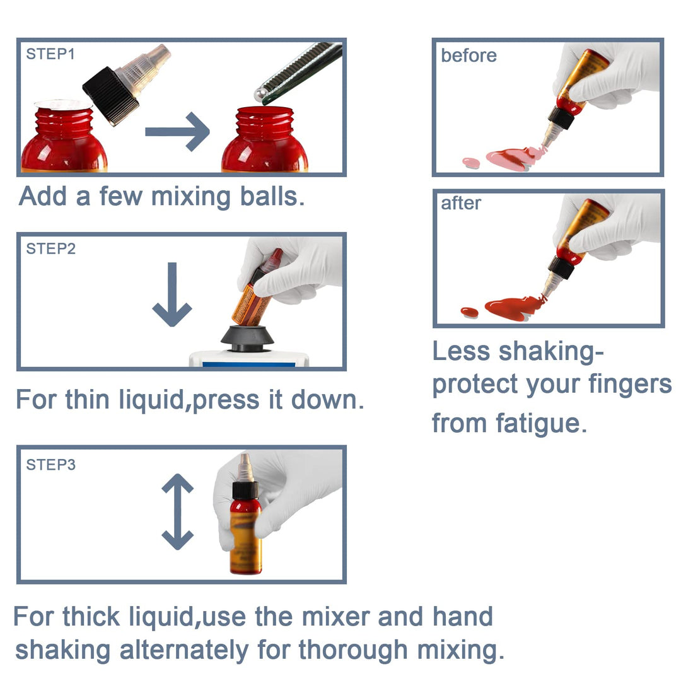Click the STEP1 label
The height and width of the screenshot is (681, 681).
(50, 54)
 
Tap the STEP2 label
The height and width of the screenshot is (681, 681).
(51, 248)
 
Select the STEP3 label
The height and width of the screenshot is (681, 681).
(51, 465)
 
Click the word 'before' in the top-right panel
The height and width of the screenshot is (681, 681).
(469, 55)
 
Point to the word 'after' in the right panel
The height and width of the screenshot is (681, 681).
(461, 203)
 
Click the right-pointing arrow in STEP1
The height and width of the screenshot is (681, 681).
(177, 132)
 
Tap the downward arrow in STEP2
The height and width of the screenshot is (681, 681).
(172, 294)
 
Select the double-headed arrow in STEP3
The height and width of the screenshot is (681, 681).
(178, 511)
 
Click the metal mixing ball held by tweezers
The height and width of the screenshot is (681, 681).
(260, 95)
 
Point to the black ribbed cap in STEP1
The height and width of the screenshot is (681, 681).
(111, 96)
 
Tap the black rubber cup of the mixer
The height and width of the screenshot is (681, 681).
(247, 339)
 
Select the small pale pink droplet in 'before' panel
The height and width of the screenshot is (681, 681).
(471, 163)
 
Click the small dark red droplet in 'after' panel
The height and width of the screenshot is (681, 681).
(470, 312)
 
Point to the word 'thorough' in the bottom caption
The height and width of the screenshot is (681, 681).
(353, 651)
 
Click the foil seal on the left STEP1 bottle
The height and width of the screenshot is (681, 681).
(64, 104)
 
